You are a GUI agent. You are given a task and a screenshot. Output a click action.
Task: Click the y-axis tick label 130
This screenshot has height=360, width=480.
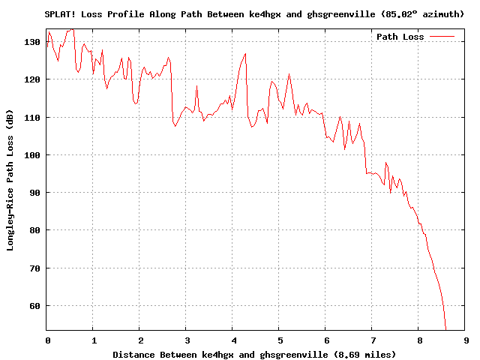[33, 42]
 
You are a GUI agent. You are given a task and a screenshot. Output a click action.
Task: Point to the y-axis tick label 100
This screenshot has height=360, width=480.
[33, 155]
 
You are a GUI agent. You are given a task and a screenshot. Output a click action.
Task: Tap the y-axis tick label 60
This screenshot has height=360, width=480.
[35, 305]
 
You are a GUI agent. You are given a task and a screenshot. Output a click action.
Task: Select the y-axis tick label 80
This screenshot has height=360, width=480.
[35, 230]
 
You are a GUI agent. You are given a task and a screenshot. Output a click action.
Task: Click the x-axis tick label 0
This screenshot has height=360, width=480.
[46, 340]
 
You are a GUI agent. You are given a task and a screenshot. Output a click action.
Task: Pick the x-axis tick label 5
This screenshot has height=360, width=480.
[279, 340]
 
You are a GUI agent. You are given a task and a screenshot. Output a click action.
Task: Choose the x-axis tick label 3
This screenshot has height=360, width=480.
[186, 340]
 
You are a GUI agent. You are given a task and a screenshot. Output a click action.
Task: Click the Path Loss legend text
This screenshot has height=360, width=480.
[400, 37]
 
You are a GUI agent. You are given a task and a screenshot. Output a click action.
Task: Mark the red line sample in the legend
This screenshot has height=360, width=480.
[442, 37]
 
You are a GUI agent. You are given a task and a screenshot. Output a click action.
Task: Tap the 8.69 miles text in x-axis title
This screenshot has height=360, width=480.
[367, 354]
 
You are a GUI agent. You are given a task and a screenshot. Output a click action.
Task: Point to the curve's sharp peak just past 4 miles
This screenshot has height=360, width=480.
[245, 54]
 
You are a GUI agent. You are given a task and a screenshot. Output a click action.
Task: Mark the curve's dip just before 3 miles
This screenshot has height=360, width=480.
[175, 126]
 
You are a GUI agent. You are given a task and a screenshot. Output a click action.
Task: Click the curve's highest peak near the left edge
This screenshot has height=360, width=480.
[72, 29]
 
